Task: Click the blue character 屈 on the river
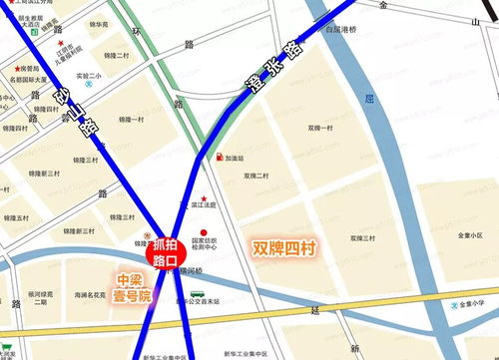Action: point(368,101)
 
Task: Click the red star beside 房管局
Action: point(8,69)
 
